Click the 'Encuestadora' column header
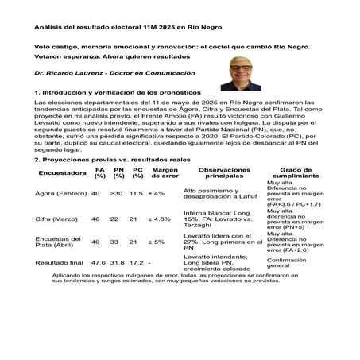point(61,172)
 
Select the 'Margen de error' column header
point(165,172)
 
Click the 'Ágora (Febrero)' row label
point(60,193)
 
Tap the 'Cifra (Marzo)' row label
point(56,219)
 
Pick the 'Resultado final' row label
point(60,261)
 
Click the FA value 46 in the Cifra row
point(95,219)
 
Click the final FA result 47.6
point(98,261)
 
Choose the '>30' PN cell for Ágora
point(117,193)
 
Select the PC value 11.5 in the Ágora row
point(136,193)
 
